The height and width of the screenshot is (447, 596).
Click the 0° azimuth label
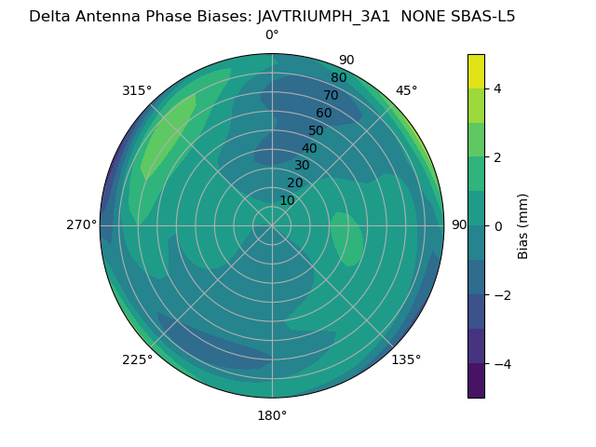tap(272, 35)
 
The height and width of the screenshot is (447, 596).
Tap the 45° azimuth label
tap(407, 90)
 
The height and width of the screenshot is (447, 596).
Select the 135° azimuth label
tap(406, 359)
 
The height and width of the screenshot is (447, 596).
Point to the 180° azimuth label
tap(272, 415)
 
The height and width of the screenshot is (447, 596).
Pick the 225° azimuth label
tap(137, 359)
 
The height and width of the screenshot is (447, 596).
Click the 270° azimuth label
tap(82, 224)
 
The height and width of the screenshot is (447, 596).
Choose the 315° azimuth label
tap(137, 90)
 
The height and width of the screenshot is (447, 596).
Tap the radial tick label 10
tap(287, 200)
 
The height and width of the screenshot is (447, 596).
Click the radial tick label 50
tap(316, 130)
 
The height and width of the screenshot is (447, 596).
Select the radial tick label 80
tap(338, 77)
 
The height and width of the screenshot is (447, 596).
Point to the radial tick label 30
tap(302, 166)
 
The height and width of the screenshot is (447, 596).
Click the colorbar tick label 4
tap(497, 88)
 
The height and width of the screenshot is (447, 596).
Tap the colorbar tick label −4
tap(500, 363)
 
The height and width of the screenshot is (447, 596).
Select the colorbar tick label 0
tap(497, 226)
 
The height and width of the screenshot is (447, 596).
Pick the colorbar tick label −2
tap(500, 295)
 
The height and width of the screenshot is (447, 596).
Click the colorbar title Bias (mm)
tap(523, 226)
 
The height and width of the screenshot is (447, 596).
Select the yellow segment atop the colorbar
tap(476, 71)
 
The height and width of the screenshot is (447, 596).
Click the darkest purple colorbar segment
tap(476, 381)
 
